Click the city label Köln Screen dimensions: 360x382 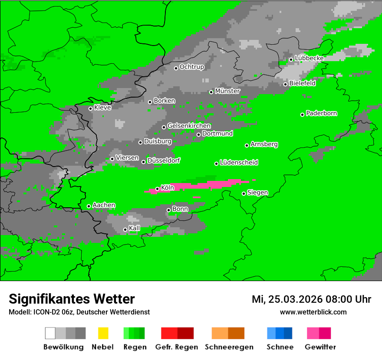point(167,188)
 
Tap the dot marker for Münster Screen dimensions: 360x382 point(211,92)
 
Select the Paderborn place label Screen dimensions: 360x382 point(322,113)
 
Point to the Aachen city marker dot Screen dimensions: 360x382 point(89,206)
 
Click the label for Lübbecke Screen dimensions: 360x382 point(309,58)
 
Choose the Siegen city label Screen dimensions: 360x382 point(257,193)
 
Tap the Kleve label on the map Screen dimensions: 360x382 point(102,108)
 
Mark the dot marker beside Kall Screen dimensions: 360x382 point(125,229)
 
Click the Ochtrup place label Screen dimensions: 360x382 point(192,67)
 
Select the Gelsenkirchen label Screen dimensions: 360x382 point(189,126)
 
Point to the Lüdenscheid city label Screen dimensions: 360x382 point(239,163)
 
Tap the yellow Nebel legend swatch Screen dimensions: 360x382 point(103,333)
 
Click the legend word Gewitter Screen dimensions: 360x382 point(320,347)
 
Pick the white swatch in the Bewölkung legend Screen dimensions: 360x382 point(50,333)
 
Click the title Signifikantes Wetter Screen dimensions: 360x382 point(72,299)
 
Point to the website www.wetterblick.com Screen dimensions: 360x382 point(313,312)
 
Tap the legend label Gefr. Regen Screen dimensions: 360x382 point(177,347)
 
